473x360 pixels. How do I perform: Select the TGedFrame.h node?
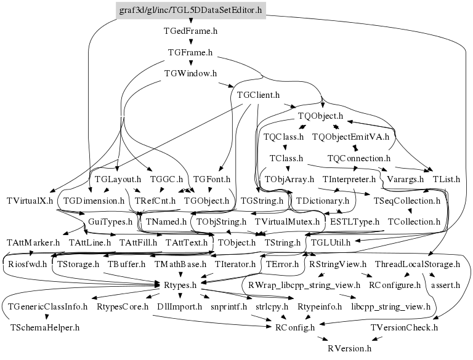coord(190,30)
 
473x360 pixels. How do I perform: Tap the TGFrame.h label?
coord(190,52)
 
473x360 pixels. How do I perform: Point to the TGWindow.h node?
coord(190,74)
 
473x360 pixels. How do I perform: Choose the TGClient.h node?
coord(258,95)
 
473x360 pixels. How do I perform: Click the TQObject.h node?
coord(320,116)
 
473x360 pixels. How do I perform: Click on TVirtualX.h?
coord(30,201)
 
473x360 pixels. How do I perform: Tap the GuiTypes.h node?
coord(110,221)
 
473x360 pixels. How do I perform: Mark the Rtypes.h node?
coord(180,285)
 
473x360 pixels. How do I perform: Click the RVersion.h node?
coord(350,348)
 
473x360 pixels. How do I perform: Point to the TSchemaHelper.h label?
coord(45,327)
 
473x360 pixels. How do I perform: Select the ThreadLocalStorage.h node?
coord(418,264)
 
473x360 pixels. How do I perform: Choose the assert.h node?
coord(446,285)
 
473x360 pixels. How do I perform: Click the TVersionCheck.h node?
coord(404,327)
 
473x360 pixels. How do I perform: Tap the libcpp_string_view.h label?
coord(390,306)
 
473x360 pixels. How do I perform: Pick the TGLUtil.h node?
coord(330,242)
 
